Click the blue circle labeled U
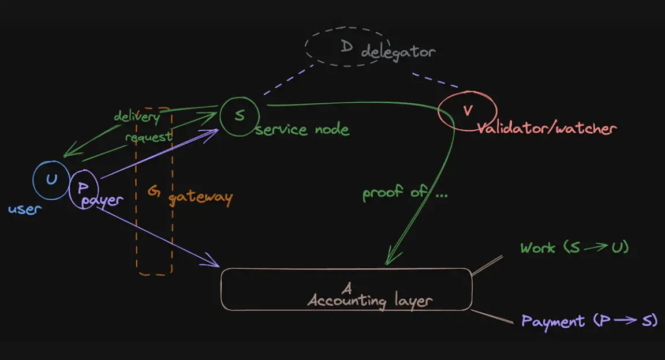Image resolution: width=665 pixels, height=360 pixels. pos(51,180)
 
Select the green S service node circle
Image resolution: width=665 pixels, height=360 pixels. pos(238,115)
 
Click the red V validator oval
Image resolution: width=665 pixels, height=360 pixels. pos(467,110)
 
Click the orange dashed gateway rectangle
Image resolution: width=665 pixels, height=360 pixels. pos(155,242)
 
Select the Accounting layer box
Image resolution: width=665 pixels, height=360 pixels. pos(346,289)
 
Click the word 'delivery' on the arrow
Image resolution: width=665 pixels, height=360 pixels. pos(136,116)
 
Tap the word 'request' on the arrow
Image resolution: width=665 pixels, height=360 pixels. pos(148,137)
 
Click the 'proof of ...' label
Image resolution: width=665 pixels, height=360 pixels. pos(405,193)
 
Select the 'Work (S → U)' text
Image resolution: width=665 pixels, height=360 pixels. pos(574,248)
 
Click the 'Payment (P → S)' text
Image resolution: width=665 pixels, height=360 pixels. pos(589,321)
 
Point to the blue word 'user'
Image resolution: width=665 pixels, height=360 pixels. pos(25,209)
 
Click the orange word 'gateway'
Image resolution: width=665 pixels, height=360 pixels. pos(200,198)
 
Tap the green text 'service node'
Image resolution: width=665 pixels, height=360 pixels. pos(302,129)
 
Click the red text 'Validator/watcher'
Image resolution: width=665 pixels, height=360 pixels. pos(546,128)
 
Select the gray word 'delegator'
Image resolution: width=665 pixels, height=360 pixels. pos(398,52)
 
